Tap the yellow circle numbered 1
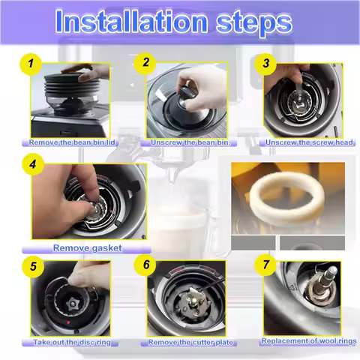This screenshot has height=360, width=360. (x=31, y=64)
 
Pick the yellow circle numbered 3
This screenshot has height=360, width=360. (x=265, y=64)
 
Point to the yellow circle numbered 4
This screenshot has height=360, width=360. (x=31, y=162)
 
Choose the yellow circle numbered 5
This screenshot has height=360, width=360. (x=31, y=265)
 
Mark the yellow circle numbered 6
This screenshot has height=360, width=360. (x=146, y=265)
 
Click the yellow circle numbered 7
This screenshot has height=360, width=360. (x=264, y=265)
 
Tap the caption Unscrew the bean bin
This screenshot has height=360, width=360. (x=189, y=142)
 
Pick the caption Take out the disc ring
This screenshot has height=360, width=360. (x=72, y=343)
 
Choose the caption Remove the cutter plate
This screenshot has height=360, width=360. (x=190, y=343)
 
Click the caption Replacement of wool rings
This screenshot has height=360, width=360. (x=307, y=341)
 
